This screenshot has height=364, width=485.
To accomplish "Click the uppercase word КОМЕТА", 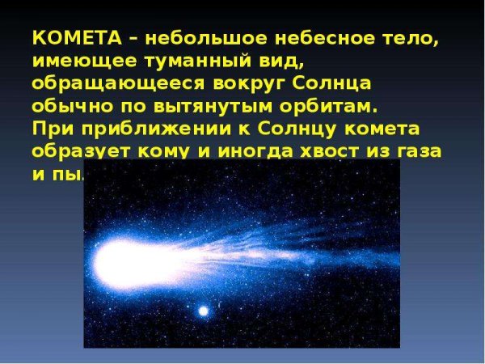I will point(70,40).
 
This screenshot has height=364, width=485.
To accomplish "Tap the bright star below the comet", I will point(203,310).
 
